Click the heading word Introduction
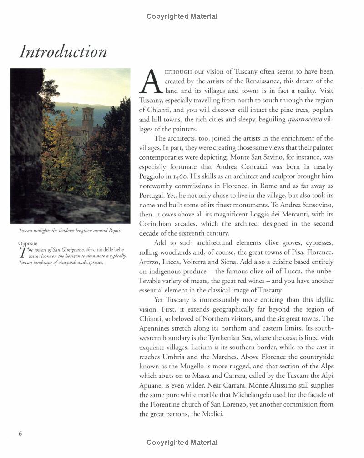(63, 51)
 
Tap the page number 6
(20, 433)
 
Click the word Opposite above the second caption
(29, 243)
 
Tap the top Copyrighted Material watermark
(182, 16)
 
